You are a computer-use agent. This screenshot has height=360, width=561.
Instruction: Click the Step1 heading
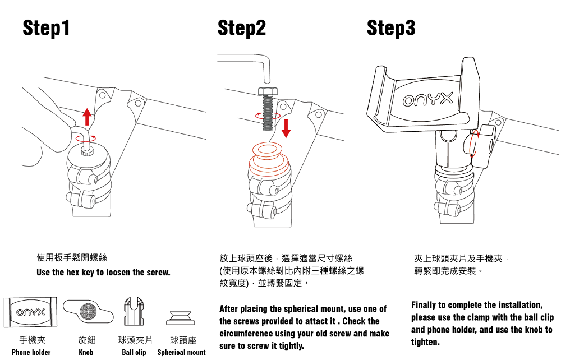pos(47,27)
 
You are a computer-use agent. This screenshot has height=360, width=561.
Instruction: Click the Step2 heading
pos(242,27)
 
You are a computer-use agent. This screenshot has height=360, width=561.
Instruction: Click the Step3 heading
pos(391,27)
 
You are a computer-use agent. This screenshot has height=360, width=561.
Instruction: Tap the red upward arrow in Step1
pos(87,117)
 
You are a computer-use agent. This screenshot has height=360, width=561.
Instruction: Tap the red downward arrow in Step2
pos(286,128)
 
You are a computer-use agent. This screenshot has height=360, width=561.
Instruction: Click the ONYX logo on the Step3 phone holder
pos(427,100)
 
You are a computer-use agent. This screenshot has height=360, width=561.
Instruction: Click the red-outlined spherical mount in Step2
pos(268,163)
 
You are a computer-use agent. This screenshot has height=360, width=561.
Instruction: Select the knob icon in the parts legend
pos(86,310)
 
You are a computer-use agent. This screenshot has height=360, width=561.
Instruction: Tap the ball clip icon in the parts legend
pos(134,311)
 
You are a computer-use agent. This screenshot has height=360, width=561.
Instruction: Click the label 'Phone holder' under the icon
pos(31,352)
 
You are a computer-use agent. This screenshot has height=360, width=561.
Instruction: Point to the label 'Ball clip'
pos(134,352)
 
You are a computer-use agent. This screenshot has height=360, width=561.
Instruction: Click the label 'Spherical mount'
pos(181,352)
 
